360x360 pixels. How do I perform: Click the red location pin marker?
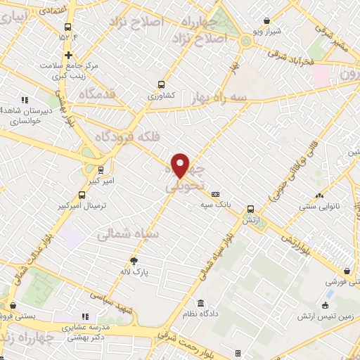(181, 165)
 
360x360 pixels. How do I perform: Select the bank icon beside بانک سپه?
(215, 195)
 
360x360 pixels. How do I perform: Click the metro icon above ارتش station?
(250, 209)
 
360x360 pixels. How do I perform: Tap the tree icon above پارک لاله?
(134, 259)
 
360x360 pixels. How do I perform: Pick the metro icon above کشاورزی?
(162, 82)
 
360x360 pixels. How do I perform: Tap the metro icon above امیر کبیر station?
(102, 169)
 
